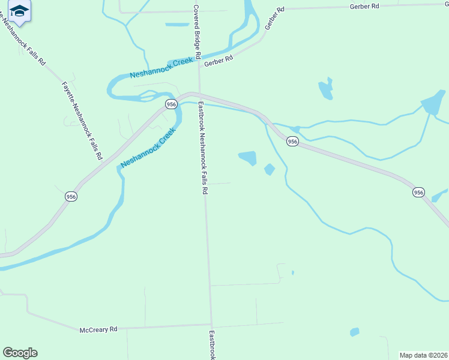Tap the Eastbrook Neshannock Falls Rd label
(x=202, y=148)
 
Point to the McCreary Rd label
(x=98, y=330)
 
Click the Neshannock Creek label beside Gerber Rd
(x=162, y=68)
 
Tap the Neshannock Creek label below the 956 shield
(x=148, y=148)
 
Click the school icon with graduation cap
(x=20, y=11)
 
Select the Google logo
(x=20, y=353)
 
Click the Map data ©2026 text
(x=423, y=355)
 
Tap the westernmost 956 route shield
(x=71, y=197)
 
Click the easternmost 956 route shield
(x=418, y=193)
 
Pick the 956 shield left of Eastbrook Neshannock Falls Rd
(x=172, y=104)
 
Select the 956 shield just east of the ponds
(x=292, y=141)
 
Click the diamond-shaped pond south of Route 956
(x=270, y=170)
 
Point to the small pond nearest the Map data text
(x=355, y=332)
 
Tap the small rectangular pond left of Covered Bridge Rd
(x=177, y=25)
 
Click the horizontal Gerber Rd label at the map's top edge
(x=365, y=6)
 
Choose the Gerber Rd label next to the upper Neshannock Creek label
(x=218, y=61)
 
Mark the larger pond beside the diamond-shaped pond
(x=248, y=158)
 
